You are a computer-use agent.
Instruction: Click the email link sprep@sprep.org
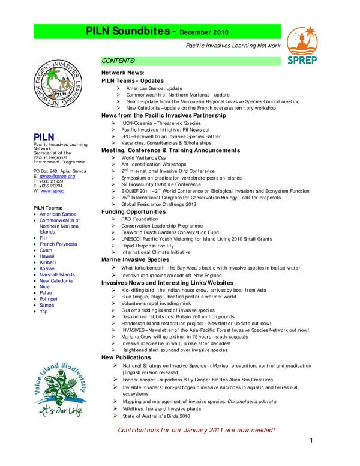point(57,176)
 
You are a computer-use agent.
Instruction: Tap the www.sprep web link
point(52,190)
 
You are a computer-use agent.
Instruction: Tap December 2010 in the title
point(203,31)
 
